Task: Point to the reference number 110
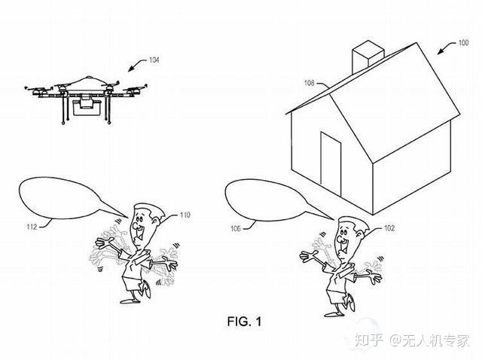pos(184,215)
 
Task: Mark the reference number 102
pos(389,227)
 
